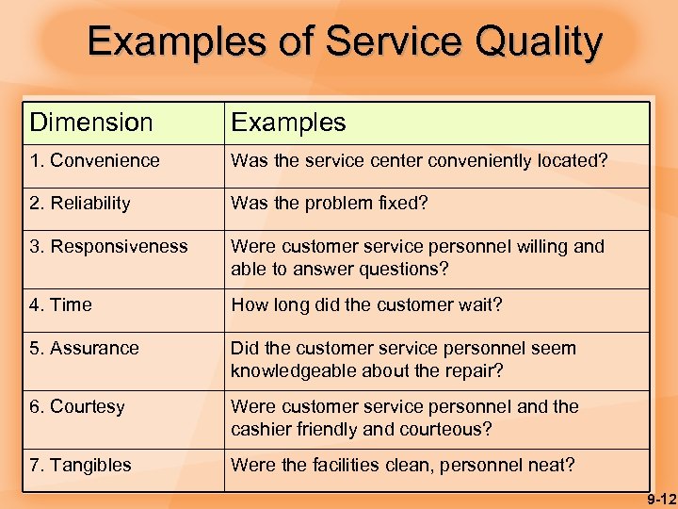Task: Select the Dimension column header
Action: pos(91,123)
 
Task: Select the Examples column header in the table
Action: pos(288,123)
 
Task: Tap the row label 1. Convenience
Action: pos(95,161)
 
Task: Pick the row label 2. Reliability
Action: pos(80,204)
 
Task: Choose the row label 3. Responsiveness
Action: pos(109,247)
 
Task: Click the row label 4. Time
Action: pos(61,305)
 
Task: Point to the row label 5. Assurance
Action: pos(85,349)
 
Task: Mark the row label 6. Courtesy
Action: pos(77,407)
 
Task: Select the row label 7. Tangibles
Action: pos(81,465)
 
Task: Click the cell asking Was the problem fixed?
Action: pos(330,204)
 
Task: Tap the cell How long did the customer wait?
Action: pos(367,305)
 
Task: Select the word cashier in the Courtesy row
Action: pos(261,430)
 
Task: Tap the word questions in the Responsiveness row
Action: pos(409,270)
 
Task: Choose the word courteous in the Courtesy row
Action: pos(449,430)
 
